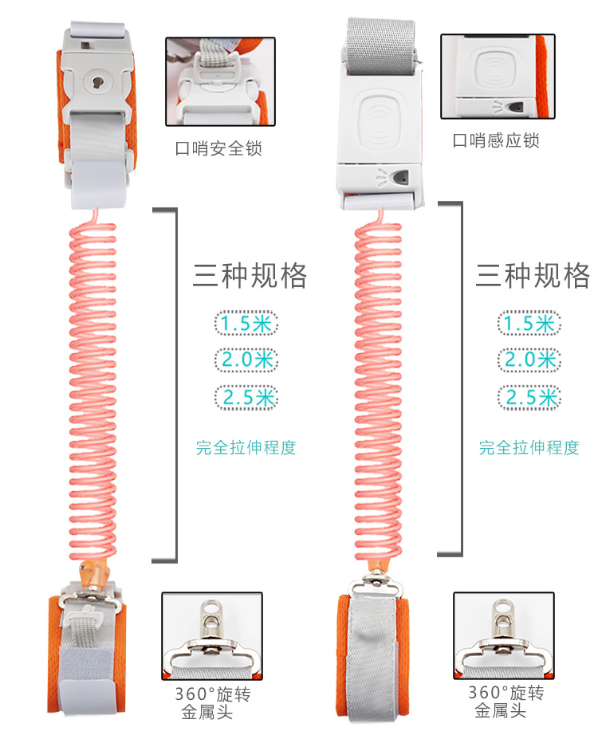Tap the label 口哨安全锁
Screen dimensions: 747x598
point(218,148)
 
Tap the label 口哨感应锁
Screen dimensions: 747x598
point(496,141)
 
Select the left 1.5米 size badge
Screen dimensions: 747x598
point(246,323)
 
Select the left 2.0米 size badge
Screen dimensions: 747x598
point(246,360)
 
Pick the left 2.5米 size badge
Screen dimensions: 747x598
point(246,396)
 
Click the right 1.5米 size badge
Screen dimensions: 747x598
point(529,323)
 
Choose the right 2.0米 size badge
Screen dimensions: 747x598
point(529,360)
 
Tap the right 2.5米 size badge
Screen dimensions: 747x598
point(529,396)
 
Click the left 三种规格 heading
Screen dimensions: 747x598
point(250,275)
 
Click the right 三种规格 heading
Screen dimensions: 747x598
point(533,275)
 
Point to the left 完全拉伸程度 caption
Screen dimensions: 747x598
point(246,447)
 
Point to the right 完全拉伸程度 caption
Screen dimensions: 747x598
point(529,447)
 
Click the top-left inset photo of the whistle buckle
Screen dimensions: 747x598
point(214,81)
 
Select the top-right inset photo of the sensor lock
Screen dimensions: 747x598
point(497,77)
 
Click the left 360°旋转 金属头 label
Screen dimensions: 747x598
point(214,702)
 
